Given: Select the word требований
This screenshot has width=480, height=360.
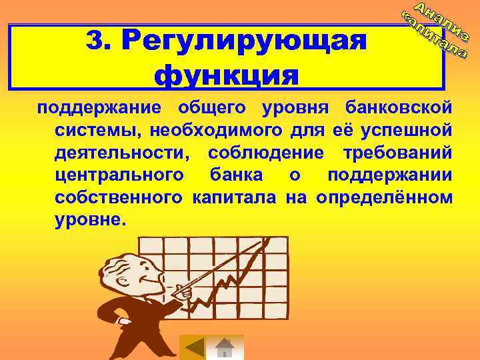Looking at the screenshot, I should pyautogui.click(x=397, y=153).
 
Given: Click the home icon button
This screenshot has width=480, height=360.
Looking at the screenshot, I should pyautogui.click(x=227, y=348).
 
